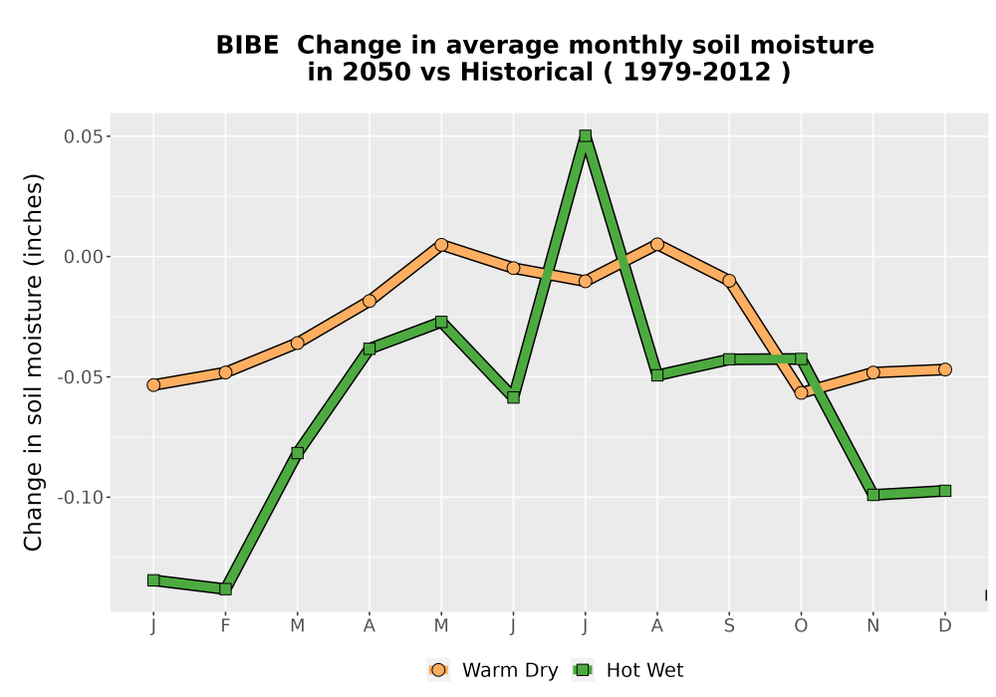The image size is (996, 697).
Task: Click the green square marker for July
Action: (585, 135)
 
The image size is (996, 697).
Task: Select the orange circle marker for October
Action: (801, 393)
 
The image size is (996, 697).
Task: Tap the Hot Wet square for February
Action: (225, 589)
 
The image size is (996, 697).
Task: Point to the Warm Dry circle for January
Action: (153, 384)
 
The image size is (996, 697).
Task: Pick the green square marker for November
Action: (873, 495)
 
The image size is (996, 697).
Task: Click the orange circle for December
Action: (945, 369)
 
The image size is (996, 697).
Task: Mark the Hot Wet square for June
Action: (513, 397)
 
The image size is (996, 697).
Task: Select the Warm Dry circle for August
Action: (657, 244)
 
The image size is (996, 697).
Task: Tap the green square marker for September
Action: (729, 359)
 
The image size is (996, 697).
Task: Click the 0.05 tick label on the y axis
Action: (83, 136)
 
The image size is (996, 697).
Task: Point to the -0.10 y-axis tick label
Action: (80, 497)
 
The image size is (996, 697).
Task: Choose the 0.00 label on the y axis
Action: (83, 257)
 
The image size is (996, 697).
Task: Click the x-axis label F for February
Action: (225, 626)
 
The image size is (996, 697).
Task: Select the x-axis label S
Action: (729, 626)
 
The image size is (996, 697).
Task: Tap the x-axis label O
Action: (801, 626)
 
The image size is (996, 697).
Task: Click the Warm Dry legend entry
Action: (493, 670)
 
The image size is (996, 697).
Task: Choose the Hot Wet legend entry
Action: (627, 670)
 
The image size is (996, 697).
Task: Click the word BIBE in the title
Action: (247, 46)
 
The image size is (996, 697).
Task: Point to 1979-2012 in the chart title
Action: (697, 73)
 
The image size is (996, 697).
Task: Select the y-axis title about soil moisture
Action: (33, 361)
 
